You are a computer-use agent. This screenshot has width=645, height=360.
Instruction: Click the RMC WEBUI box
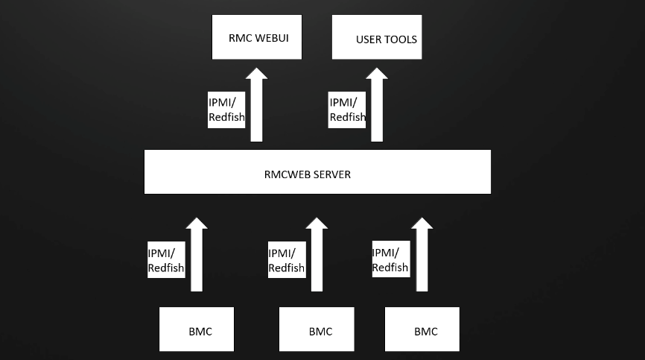point(257,37)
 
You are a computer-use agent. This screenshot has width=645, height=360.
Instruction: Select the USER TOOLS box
point(376,37)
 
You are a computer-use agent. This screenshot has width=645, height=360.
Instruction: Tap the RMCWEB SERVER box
point(317,172)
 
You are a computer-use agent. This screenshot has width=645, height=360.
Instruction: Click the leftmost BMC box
point(197,329)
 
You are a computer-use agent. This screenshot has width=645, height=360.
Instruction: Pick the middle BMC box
point(317,329)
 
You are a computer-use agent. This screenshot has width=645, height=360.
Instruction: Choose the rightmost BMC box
point(422,329)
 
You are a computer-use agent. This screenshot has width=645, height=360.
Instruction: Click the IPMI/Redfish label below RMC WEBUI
point(226,110)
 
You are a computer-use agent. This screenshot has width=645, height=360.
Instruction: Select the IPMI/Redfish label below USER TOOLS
point(348,110)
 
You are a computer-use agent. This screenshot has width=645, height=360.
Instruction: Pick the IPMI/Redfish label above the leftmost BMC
point(166,260)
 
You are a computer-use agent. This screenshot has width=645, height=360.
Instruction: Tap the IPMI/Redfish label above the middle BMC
point(287,260)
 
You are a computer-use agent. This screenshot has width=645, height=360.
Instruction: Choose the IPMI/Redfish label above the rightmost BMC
point(390,260)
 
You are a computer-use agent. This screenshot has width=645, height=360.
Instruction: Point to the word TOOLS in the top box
point(401,40)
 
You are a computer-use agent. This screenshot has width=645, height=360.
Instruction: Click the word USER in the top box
point(369,40)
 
